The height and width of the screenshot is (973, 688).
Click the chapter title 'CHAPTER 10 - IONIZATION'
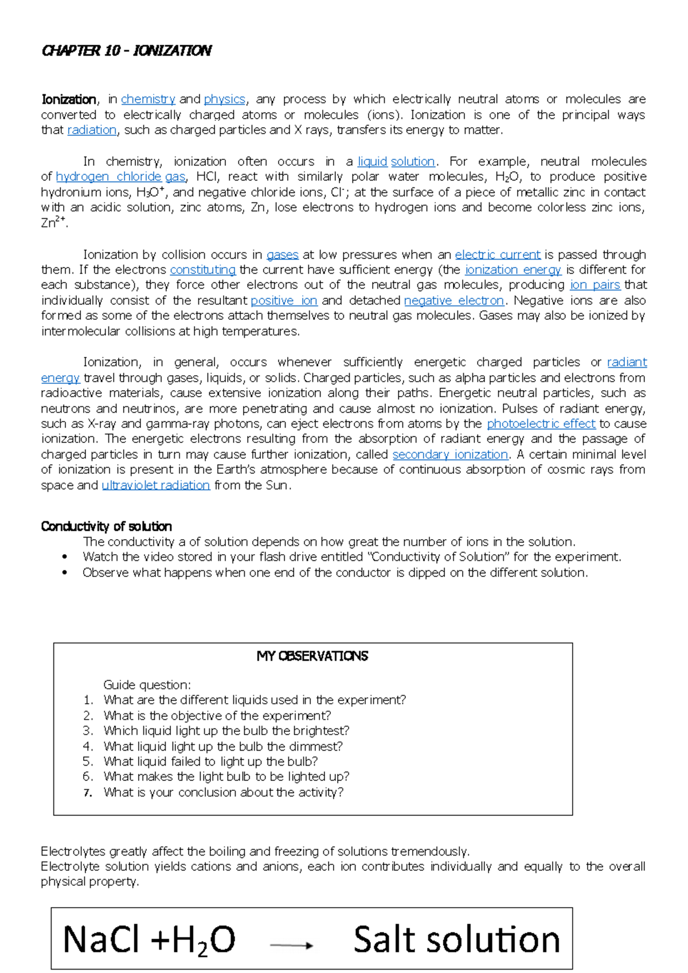(x=127, y=51)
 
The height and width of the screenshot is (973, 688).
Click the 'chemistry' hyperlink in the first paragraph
(x=148, y=99)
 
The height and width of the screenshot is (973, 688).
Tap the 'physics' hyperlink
(x=224, y=99)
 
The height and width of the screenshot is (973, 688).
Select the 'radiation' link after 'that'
(x=92, y=130)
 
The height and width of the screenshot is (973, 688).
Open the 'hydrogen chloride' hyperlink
(x=108, y=176)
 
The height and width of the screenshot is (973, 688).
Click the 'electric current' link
(x=497, y=254)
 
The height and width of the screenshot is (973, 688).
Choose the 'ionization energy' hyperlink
(x=513, y=270)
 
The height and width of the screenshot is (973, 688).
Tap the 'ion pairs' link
(x=595, y=285)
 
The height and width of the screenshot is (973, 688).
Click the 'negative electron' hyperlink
(x=454, y=300)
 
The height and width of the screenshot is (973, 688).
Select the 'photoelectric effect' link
(x=541, y=423)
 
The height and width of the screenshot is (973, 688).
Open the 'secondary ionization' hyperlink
(x=450, y=454)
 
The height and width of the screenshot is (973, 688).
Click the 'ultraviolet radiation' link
(x=155, y=485)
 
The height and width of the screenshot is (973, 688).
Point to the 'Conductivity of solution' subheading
(x=106, y=526)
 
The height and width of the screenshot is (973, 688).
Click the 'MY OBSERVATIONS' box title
(x=312, y=656)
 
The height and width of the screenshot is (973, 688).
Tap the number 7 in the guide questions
(x=88, y=793)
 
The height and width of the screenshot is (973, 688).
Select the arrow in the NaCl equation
(x=291, y=945)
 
